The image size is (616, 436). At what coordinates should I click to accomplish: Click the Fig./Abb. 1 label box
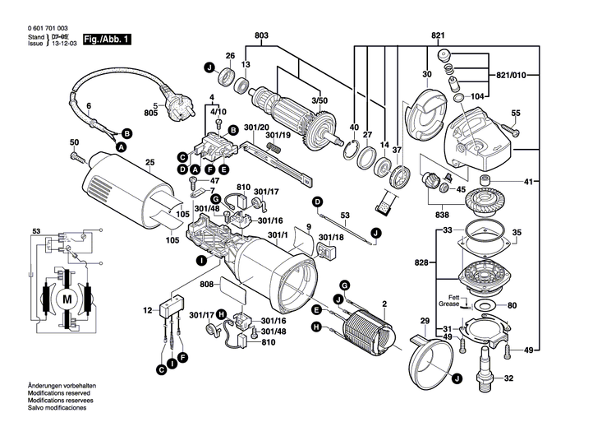pyautogui.click(x=104, y=39)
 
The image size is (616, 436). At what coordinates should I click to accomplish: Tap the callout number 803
pyautogui.click(x=262, y=35)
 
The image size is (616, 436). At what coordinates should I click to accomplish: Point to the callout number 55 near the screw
pyautogui.click(x=516, y=113)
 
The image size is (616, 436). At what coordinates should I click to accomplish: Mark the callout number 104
pyautogui.click(x=477, y=96)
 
